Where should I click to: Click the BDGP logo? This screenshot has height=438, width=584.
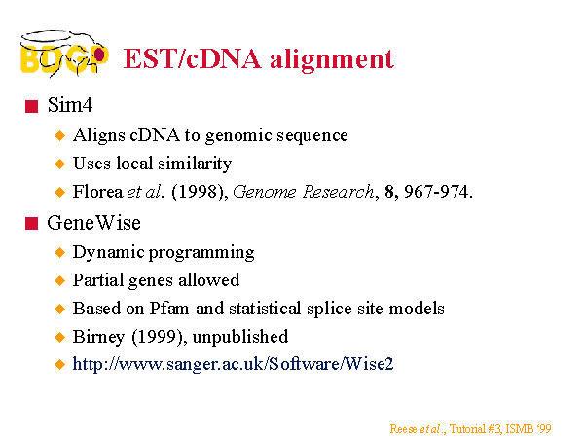coord(64,54)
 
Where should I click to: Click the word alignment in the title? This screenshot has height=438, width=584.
coord(332,59)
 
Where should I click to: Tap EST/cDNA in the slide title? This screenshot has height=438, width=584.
coord(192,58)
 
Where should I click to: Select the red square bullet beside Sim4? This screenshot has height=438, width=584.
coord(32,106)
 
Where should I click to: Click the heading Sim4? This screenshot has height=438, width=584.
coord(70,105)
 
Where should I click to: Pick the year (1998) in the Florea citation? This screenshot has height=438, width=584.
coord(199,192)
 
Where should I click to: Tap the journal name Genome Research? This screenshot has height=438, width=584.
coord(303,192)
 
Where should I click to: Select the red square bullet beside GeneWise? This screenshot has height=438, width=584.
coord(32,224)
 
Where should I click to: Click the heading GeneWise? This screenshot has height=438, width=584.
coord(93,223)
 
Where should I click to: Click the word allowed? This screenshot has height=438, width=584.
coord(208,280)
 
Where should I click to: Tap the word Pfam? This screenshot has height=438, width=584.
coord(169,309)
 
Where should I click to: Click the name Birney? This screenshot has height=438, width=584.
coord(98,337)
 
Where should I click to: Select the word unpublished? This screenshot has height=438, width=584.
coord(240,337)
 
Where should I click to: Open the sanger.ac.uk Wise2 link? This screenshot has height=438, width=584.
coord(233,364)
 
